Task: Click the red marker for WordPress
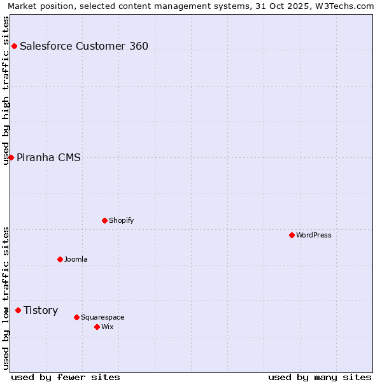pos(292,235)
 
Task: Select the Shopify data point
pos(104,220)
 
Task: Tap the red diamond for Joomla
pos(60,259)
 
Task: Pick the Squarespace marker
pos(76,317)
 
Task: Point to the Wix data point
pos(97,327)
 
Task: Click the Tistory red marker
pos(18,310)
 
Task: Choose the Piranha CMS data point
pos(11,157)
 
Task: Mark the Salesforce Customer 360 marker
pos(14,46)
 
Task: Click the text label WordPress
pos(314,235)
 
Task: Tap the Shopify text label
pos(122,220)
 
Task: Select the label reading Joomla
pos(76,259)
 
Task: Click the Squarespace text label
pos(103,317)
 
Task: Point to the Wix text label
pos(108,327)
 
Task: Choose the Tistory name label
pos(41,310)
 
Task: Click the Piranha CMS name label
pos(48,157)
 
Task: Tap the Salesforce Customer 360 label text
pos(84,46)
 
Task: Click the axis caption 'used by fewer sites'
pos(66,377)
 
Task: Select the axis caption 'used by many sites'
pos(320,377)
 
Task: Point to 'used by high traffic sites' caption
pos(6,90)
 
